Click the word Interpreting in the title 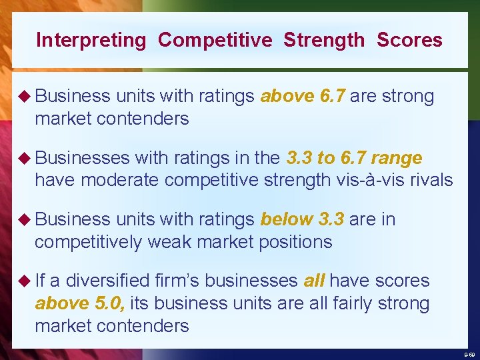tap(91, 41)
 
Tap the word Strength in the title tap(324, 40)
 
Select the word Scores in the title tap(409, 40)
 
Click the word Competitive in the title tap(215, 41)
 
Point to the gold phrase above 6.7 tap(303, 97)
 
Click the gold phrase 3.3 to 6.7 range tap(353, 158)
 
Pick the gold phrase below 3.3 tap(302, 219)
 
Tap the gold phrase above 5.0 tap(79, 303)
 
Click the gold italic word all tap(314, 281)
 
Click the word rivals tap(431, 180)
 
